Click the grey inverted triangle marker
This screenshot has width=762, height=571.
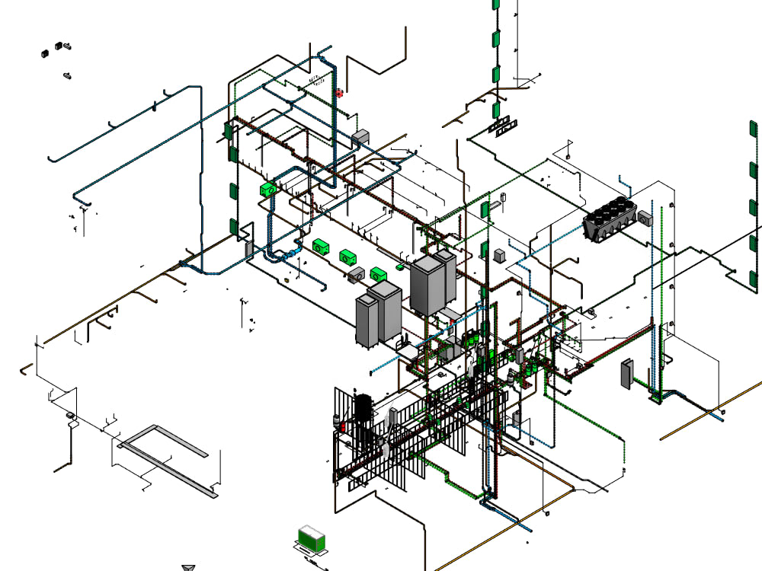(x=189, y=567)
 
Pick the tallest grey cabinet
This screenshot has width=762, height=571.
(x=427, y=285)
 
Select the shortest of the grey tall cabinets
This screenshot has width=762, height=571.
(x=367, y=321)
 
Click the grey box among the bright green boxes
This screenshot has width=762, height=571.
(x=356, y=275)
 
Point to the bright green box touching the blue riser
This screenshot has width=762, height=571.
(x=267, y=189)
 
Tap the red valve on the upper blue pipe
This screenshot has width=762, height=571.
(x=338, y=93)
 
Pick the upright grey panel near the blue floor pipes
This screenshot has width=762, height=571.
(x=627, y=373)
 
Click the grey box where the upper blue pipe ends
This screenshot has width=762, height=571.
(x=360, y=136)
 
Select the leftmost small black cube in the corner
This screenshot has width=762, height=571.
(x=45, y=53)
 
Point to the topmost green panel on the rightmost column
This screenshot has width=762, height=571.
(x=753, y=130)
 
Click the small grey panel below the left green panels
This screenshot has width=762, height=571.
(x=248, y=248)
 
